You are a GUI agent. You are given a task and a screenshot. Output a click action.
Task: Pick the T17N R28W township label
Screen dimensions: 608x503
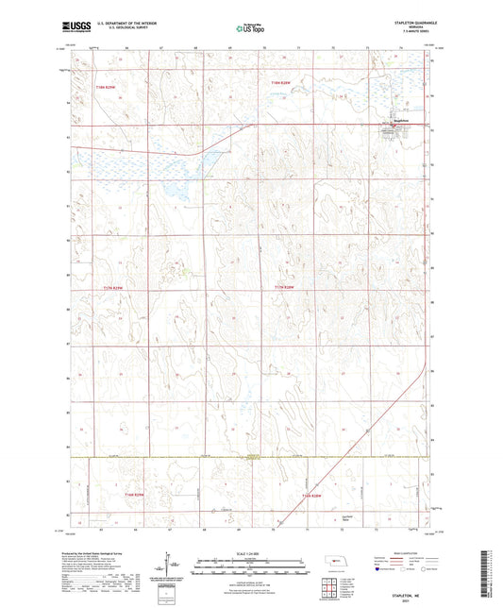[x=284, y=287]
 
